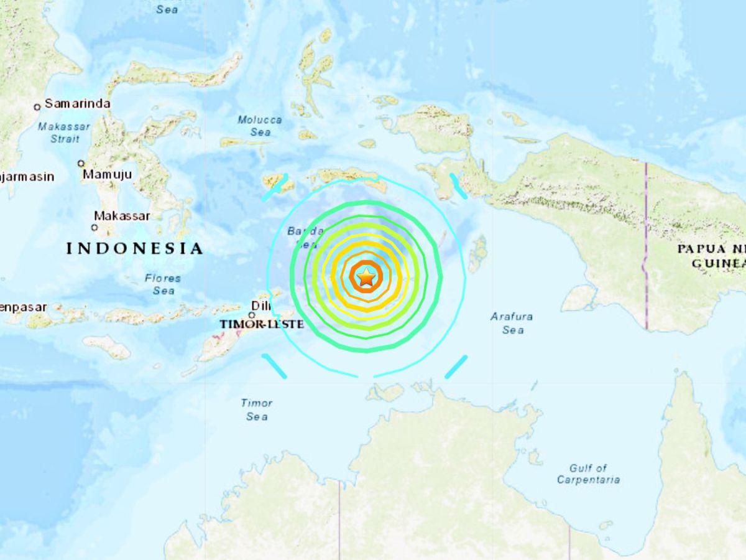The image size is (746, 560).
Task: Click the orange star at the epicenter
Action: click(x=366, y=277)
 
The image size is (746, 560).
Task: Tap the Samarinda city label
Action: click(x=77, y=103)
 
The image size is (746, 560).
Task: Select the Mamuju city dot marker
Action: click(x=81, y=164)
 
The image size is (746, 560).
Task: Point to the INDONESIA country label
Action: click(x=135, y=249)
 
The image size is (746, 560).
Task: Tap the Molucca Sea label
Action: click(x=260, y=126)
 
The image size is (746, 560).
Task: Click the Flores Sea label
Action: click(x=163, y=284)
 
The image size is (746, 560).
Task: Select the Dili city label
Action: click(x=259, y=306)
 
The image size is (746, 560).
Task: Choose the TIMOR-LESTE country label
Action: click(x=261, y=324)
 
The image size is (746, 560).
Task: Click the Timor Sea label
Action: click(x=257, y=409)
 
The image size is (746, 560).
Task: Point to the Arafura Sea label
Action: click(x=512, y=323)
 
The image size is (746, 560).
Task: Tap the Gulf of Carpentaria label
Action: click(x=588, y=474)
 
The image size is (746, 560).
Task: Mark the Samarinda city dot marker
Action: click(x=37, y=106)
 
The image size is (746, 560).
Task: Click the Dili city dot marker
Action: click(x=252, y=315)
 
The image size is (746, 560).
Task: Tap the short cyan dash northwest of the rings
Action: click(x=275, y=187)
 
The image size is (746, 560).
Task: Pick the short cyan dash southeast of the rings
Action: click(x=456, y=366)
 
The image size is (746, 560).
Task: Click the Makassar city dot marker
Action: click(x=96, y=228)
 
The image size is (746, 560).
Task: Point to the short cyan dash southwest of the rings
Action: click(x=274, y=366)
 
